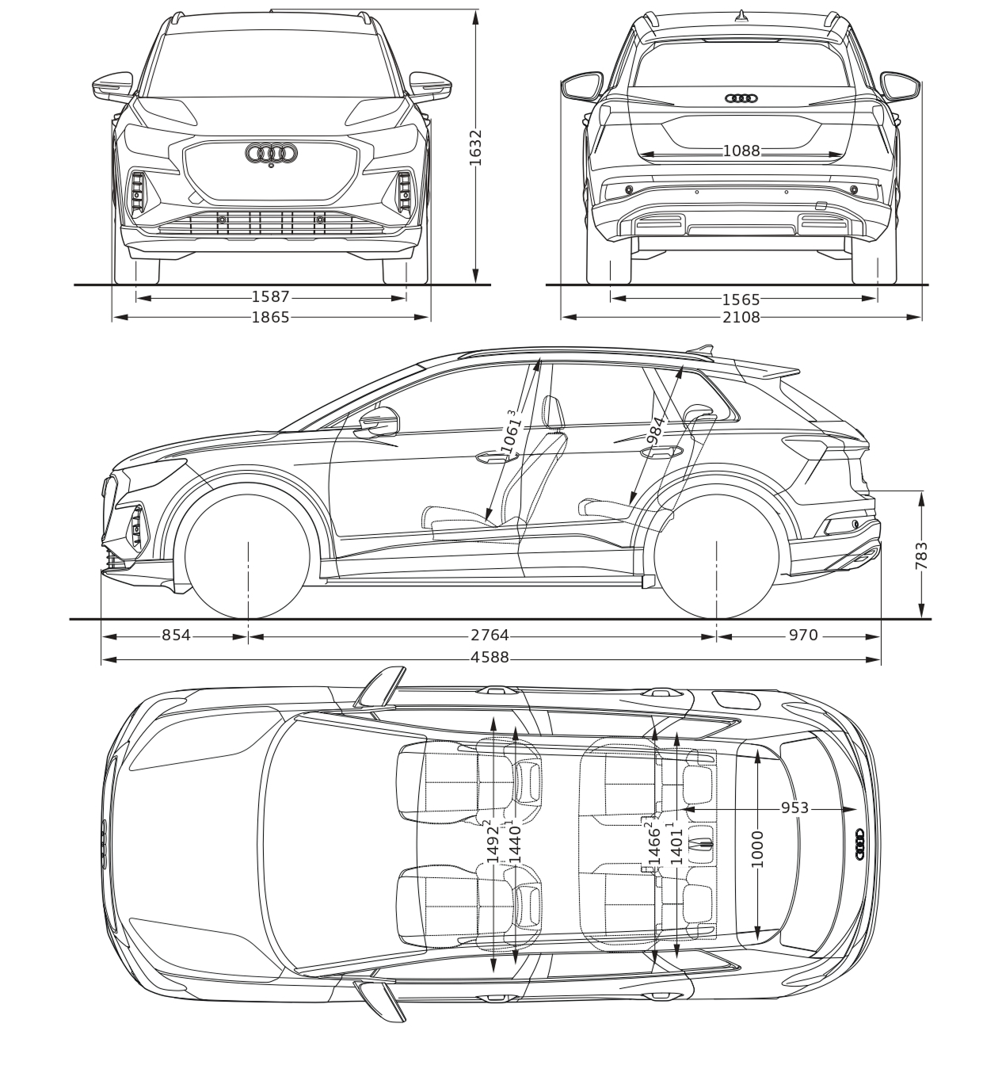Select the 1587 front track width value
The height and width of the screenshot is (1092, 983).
click(x=271, y=297)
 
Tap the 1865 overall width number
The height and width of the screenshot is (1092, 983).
click(x=271, y=317)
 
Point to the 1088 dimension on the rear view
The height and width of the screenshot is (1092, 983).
click(x=741, y=151)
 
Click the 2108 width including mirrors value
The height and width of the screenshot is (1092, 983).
click(x=741, y=317)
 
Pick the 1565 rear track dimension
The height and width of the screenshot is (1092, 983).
click(x=741, y=300)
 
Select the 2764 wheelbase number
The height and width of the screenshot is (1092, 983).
click(x=490, y=635)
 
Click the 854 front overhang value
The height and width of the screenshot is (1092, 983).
click(x=177, y=635)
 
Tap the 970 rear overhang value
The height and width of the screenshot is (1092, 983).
click(x=803, y=635)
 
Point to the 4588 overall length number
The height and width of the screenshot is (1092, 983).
click(x=490, y=658)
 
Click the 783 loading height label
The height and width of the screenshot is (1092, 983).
click(x=921, y=556)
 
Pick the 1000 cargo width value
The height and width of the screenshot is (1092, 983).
click(x=757, y=850)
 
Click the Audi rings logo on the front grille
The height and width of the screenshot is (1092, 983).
click(x=271, y=154)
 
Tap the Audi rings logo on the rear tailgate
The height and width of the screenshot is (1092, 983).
click(x=741, y=98)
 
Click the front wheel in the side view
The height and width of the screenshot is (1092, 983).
click(x=248, y=556)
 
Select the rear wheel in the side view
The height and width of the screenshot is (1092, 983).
click(x=716, y=556)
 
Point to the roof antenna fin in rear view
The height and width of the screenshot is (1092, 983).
click(x=741, y=17)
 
